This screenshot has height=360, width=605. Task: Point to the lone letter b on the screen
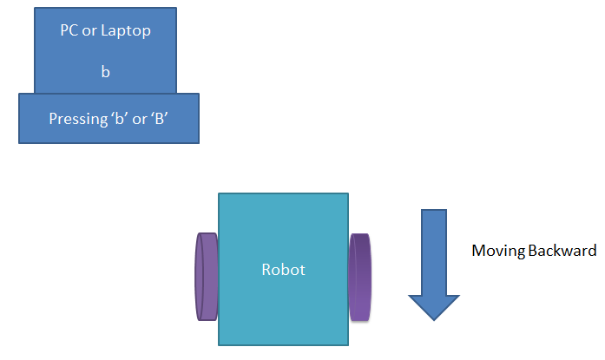coord(106,72)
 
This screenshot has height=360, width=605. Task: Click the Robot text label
coord(284,270)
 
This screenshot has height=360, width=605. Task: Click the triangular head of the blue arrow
coord(434,305)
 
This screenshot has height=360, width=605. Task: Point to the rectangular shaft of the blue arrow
coord(434,252)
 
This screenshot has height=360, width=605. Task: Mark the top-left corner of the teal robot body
coord(219,193)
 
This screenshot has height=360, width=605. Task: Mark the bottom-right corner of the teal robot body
coord(348,345)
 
